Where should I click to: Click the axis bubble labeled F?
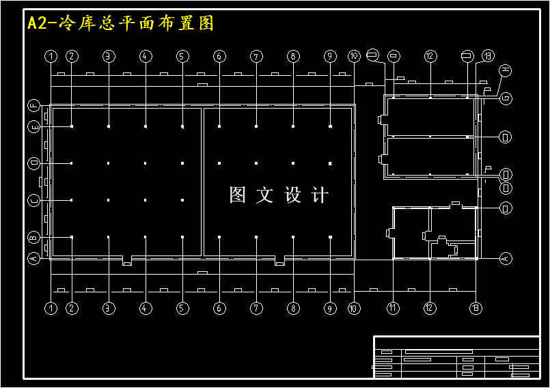(34, 105)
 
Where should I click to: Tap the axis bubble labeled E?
(34, 126)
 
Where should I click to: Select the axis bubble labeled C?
(34, 200)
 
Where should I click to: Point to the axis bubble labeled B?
(34, 237)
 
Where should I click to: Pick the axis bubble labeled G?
(506, 98)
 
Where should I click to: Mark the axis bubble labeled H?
(506, 70)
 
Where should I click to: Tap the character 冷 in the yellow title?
(68, 23)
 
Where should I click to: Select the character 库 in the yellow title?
(87, 23)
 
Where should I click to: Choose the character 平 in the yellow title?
(127, 23)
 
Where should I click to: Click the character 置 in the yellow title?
(186, 23)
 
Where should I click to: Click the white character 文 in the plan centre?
(264, 195)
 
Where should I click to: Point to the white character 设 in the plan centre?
(292, 195)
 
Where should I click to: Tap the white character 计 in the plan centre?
(319, 195)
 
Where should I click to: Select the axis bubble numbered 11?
(393, 308)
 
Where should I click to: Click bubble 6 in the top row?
(219, 57)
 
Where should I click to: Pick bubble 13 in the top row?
(487, 56)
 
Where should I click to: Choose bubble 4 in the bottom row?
(146, 308)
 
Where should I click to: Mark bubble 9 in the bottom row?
(330, 308)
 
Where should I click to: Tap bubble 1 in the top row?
(51, 57)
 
